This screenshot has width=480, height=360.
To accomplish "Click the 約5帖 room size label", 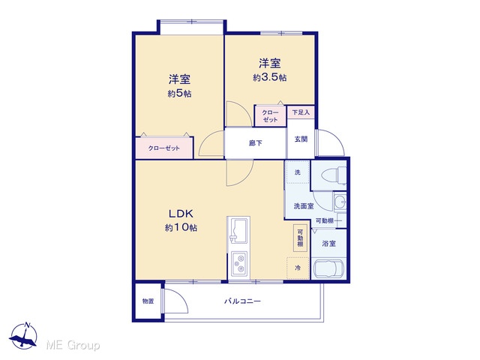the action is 179,93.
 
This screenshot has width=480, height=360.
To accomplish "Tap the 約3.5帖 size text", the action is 269,77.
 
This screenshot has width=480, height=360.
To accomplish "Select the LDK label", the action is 181,213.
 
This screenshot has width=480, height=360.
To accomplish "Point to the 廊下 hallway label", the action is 255,143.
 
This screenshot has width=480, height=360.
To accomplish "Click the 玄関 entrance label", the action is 301,139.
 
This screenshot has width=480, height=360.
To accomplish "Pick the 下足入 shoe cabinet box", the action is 301,112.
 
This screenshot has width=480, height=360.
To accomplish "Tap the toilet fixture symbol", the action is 333,175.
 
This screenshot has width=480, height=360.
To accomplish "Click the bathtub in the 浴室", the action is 328,268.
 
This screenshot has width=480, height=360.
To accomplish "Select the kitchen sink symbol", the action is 238,230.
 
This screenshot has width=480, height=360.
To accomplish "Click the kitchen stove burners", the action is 239,263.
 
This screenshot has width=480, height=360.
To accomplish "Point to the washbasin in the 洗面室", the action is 340,202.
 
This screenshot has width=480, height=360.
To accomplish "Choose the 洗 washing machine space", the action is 298,172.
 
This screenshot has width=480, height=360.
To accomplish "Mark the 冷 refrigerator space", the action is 298,268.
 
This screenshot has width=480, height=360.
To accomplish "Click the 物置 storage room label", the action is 148,301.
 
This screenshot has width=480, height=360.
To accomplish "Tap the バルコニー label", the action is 242,301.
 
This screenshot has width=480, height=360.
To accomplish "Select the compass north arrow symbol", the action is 23,336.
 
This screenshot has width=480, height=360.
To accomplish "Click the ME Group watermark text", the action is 73,345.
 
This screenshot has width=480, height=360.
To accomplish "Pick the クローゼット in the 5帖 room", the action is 164,148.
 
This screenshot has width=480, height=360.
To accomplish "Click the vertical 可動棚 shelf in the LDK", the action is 300,238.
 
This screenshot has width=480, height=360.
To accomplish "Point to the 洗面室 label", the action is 304,206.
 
